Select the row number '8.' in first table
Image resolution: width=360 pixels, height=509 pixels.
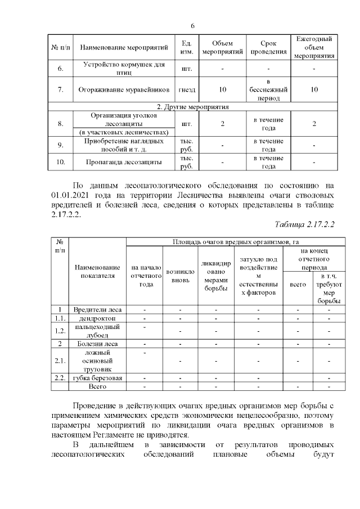(x=61, y=123)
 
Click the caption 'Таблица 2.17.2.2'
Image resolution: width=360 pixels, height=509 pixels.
(x=304, y=224)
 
